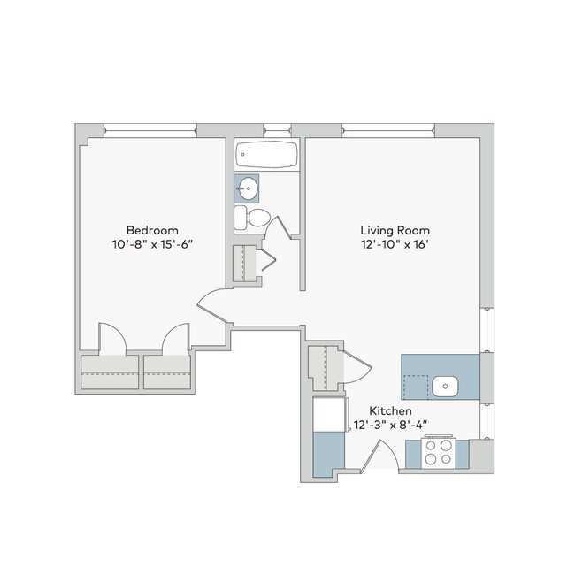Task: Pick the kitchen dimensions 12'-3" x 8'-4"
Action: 390,425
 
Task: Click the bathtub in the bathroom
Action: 267,157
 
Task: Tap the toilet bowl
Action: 257,218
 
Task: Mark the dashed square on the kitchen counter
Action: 414,387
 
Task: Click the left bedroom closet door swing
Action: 111,338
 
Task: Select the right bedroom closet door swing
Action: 175,338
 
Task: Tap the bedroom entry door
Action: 212,306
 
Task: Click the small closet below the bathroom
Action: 245,264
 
